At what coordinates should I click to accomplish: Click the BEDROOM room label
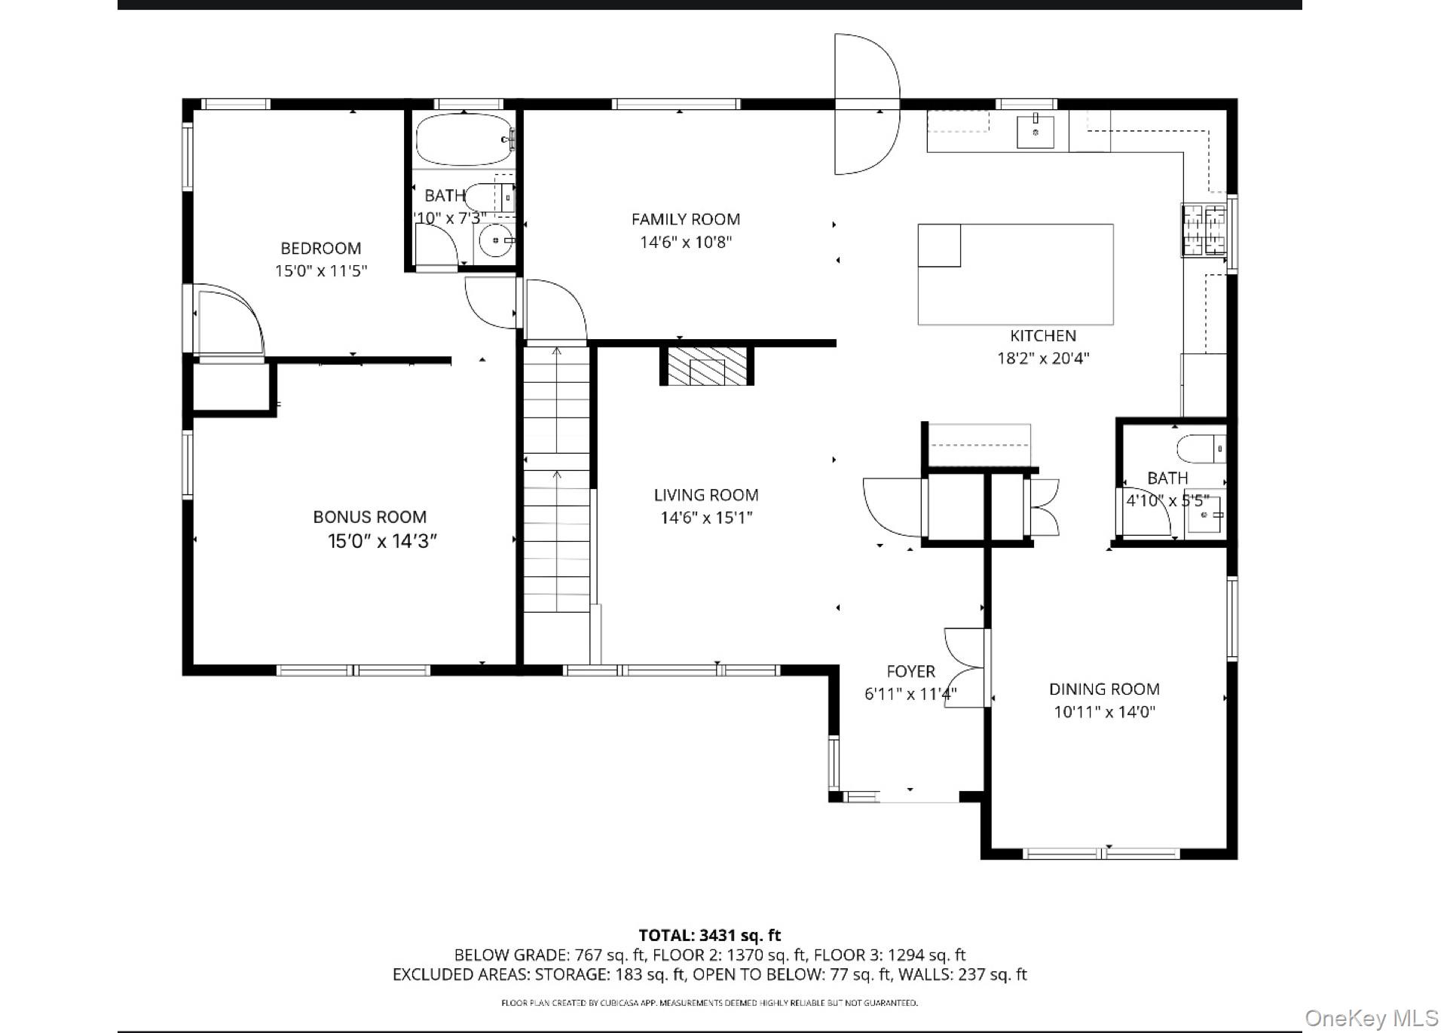[320, 248]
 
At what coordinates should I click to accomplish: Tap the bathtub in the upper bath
[463, 139]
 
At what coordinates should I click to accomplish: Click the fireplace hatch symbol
[707, 367]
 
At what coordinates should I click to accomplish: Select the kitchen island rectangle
[1015, 274]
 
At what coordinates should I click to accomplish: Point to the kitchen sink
[1036, 131]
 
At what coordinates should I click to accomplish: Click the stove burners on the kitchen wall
[1204, 230]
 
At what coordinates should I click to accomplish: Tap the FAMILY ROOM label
[685, 219]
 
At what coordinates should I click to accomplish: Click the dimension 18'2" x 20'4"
[1043, 359]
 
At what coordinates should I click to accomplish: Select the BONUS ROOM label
[369, 517]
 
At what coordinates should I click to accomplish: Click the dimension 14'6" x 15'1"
[706, 518]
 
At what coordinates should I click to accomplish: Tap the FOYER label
[910, 671]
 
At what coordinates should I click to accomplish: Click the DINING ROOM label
[1104, 689]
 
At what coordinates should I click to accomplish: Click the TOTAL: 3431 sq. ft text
[709, 936]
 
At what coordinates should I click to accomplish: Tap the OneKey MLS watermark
[1371, 1019]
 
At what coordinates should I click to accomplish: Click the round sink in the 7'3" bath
[495, 240]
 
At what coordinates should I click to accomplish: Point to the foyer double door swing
[964, 668]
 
